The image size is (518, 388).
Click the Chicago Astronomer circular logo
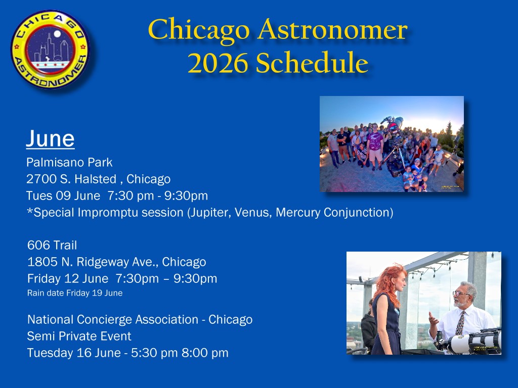[50, 50]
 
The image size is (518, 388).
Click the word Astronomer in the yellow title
[333, 30]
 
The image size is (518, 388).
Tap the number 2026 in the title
[218, 63]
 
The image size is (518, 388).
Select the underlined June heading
[50, 138]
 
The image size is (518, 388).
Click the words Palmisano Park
[69, 162]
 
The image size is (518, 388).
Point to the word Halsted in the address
[95, 179]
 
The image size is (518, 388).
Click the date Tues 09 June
[63, 196]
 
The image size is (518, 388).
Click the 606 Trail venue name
[52, 245]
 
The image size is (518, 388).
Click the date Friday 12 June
[68, 278]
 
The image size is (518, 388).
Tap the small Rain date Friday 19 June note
[75, 293]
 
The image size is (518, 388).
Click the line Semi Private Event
[79, 336]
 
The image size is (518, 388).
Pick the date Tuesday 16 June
[74, 353]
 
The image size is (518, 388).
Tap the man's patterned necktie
[460, 323]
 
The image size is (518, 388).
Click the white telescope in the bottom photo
[473, 342]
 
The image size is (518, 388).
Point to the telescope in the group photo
[394, 145]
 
